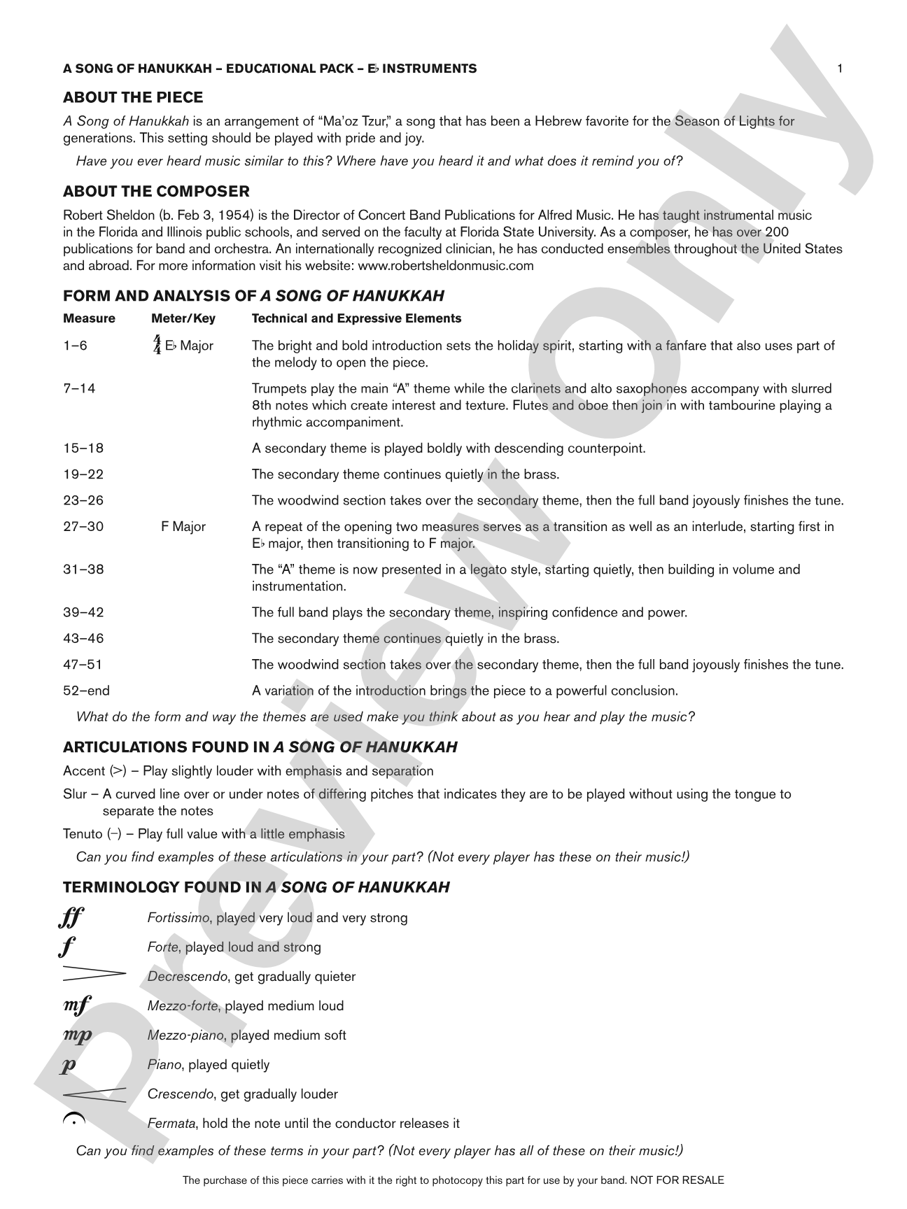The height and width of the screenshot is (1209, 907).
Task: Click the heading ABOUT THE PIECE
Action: click(x=133, y=97)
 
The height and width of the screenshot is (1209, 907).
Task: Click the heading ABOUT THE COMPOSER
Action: click(x=156, y=191)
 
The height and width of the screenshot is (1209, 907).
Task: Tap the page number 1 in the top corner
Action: click(x=840, y=68)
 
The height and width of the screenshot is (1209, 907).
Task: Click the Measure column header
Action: click(x=89, y=318)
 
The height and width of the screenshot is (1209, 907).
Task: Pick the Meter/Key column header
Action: click(x=183, y=318)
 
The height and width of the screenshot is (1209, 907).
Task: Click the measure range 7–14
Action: click(x=79, y=388)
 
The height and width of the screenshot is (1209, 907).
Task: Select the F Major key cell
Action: click(x=183, y=526)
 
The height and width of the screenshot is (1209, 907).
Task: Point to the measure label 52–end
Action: click(x=86, y=691)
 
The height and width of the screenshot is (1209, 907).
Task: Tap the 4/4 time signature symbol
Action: click(x=157, y=345)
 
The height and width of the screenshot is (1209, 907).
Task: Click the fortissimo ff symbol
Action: click(x=71, y=917)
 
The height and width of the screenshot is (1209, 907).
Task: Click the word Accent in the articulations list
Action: click(x=83, y=770)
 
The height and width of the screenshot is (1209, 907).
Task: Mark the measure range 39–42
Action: click(x=83, y=612)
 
